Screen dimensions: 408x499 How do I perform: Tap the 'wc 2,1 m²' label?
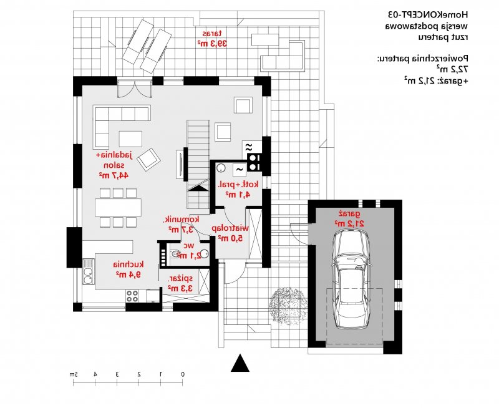(x=191, y=250)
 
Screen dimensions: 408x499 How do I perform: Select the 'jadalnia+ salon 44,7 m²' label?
(x=113, y=165)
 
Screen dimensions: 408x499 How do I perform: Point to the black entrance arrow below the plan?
(x=240, y=364)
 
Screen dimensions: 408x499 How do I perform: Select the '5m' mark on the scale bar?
(x=73, y=374)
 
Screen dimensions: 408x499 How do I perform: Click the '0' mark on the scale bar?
(x=182, y=374)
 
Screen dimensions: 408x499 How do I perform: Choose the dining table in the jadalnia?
(x=118, y=207)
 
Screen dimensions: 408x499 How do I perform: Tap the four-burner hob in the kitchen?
(x=133, y=296)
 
